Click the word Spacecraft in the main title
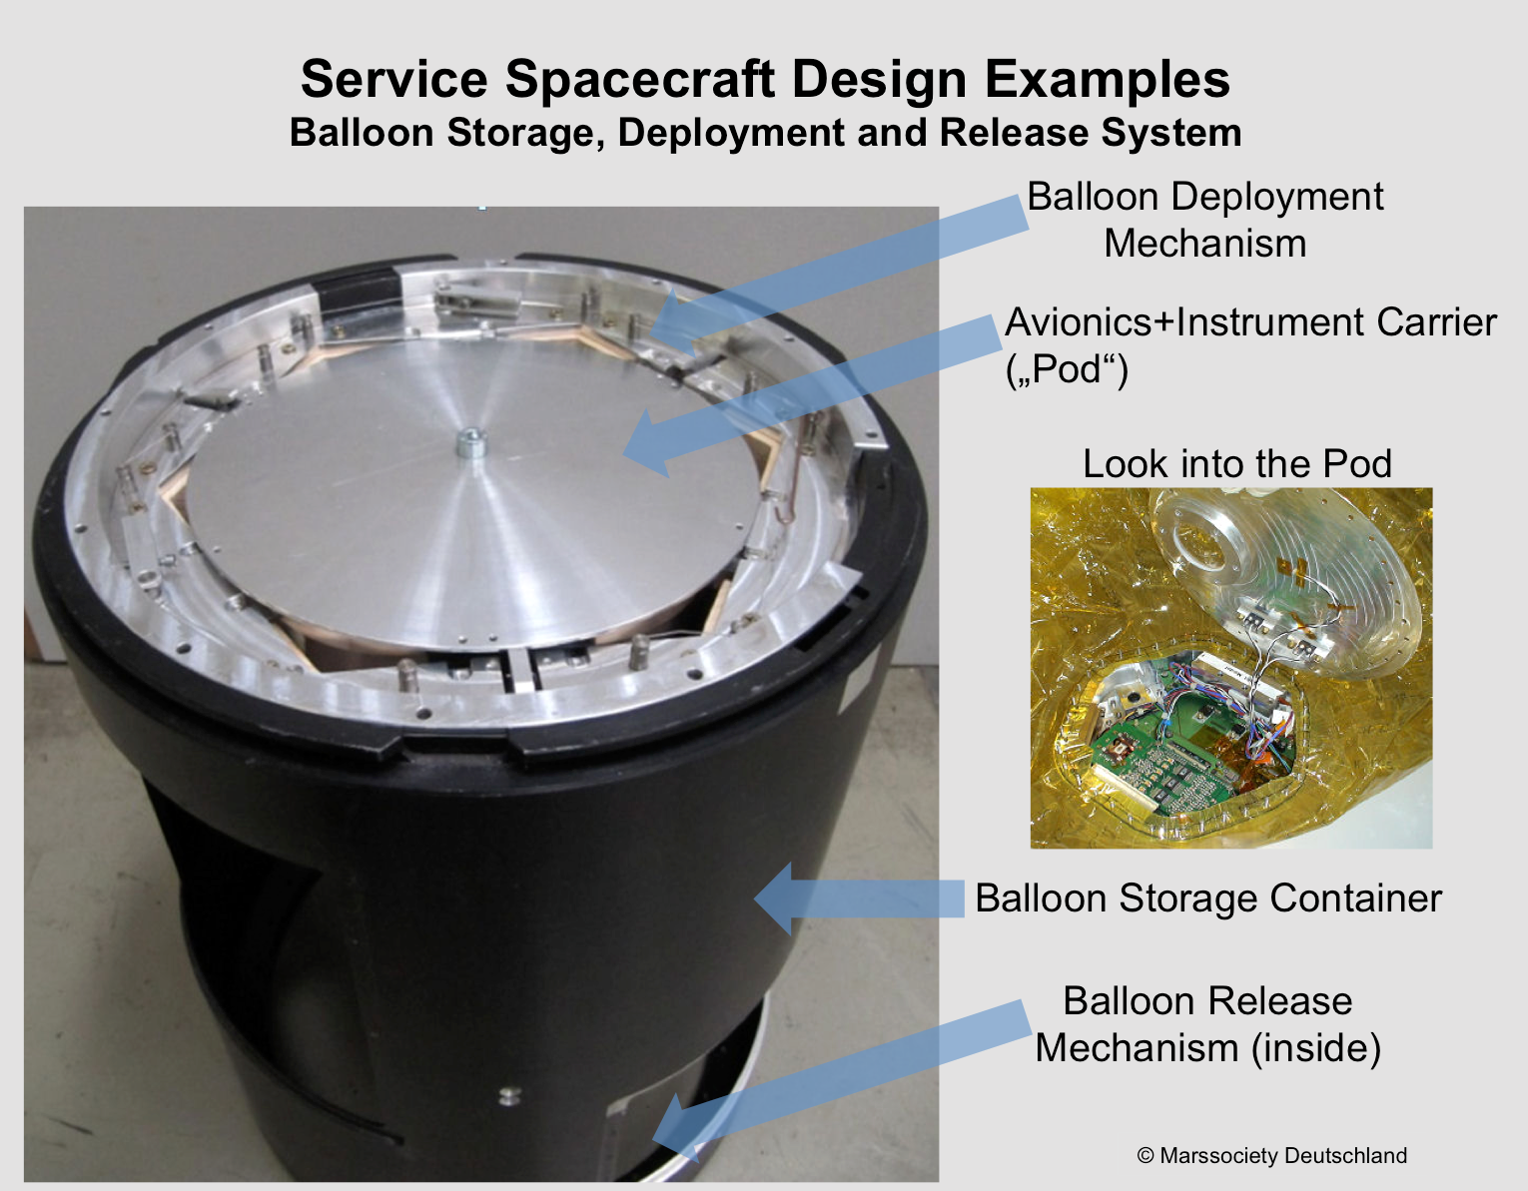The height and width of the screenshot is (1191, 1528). tap(639, 80)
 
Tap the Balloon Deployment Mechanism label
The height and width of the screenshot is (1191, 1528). tap(1204, 220)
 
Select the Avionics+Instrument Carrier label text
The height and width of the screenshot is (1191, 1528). tap(1251, 322)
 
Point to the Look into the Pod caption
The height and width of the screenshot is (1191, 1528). tap(1237, 464)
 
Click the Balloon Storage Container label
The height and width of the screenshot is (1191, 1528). tap(1208, 898)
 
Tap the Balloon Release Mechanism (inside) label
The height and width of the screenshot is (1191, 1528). tap(1208, 1023)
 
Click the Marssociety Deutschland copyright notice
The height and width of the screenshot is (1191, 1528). tap(1272, 1155)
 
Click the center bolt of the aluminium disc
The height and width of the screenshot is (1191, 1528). tap(470, 443)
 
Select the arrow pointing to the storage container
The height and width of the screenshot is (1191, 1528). tap(859, 898)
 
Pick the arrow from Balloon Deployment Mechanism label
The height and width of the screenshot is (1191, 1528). tap(837, 276)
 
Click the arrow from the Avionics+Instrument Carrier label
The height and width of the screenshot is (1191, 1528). tap(811, 396)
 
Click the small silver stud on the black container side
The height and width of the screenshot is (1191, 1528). tap(509, 1095)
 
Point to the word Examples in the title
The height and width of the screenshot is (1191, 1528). tap(1108, 80)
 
